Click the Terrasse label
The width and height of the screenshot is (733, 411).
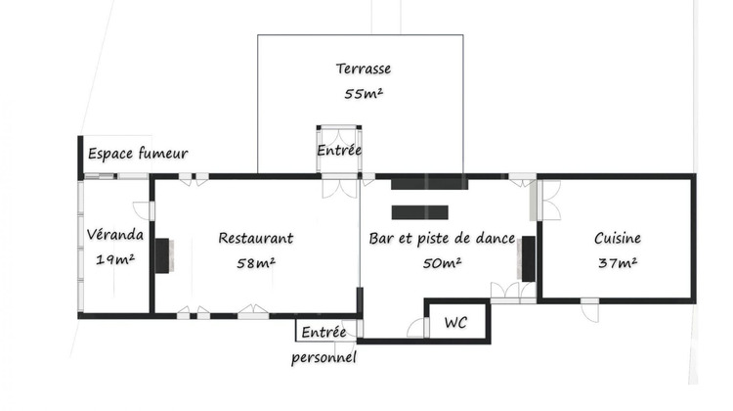coord(364,69)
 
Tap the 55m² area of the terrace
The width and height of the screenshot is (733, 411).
coord(364,95)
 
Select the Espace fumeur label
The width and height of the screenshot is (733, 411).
coord(138,154)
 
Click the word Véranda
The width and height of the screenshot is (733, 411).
coord(115,235)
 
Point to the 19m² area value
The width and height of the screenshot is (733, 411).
coord(115,259)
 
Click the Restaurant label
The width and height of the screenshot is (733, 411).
coord(255,238)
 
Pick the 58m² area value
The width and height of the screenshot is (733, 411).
coord(255,262)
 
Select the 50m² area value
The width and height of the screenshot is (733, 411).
coord(442,262)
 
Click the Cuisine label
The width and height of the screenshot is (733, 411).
coord(618,238)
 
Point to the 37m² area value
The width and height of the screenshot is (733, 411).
coord(617,262)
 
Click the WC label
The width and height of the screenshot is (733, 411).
coord(455,322)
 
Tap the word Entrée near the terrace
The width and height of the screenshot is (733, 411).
coord(339,151)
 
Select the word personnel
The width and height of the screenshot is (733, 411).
coord(323,357)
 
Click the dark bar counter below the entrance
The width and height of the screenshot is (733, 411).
coord(420,211)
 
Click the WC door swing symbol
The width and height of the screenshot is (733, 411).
coord(417,328)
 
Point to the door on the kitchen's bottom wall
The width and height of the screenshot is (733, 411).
coord(589,308)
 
